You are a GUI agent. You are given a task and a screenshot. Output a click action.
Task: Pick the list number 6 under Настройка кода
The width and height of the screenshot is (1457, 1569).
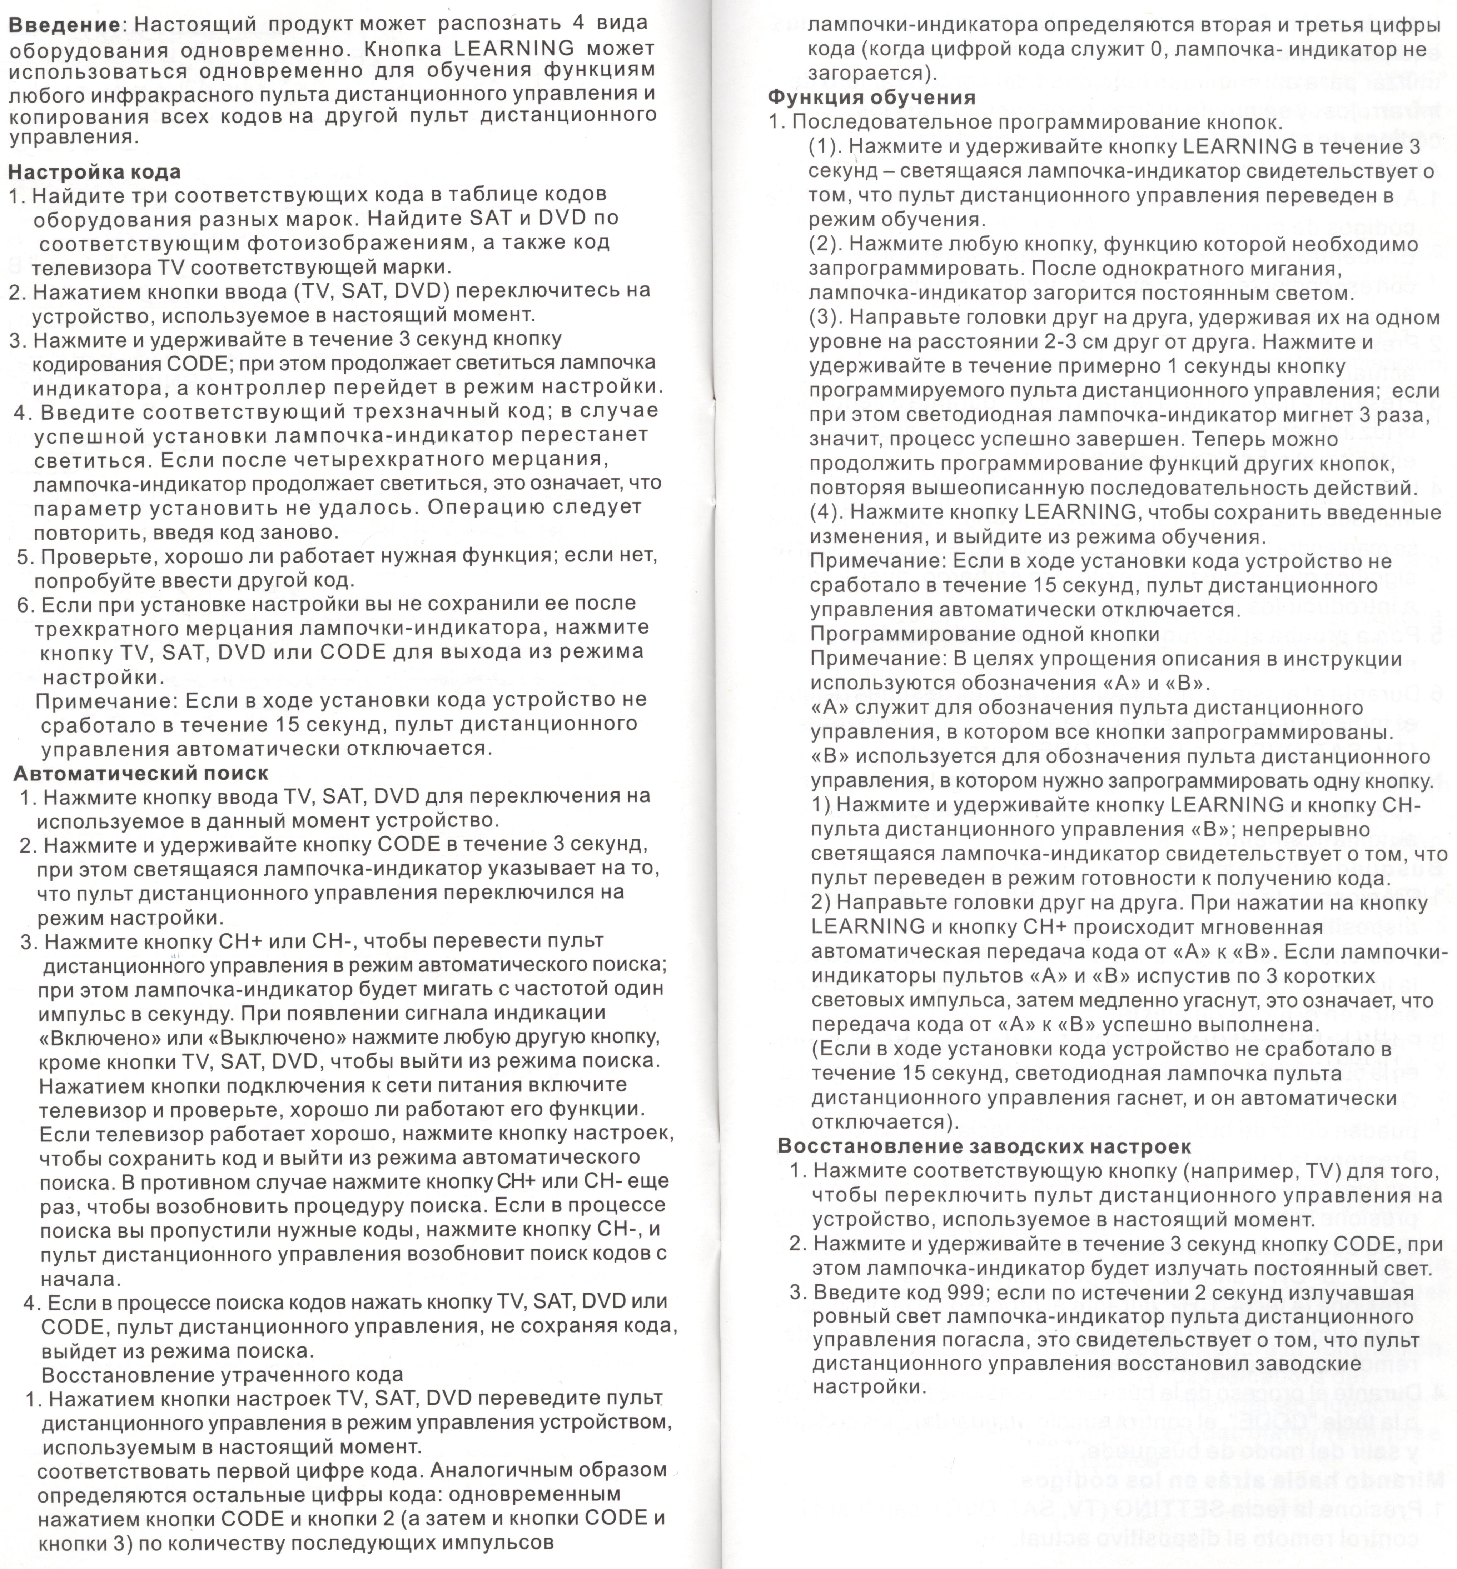tap(24, 604)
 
